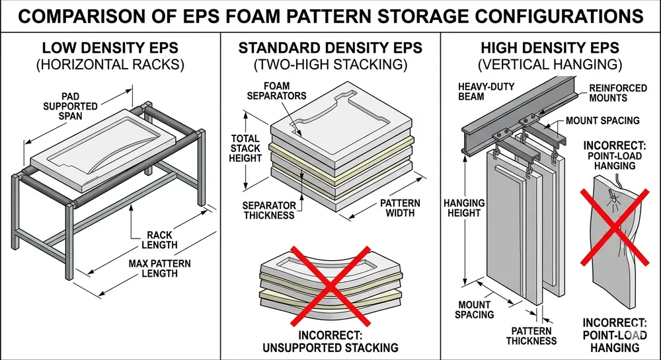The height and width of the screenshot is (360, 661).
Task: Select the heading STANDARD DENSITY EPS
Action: click(330, 48)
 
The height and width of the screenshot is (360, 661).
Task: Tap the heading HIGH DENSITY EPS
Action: click(550, 48)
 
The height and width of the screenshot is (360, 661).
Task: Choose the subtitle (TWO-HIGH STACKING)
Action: click(330, 65)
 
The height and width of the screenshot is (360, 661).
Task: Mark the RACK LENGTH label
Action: click(161, 240)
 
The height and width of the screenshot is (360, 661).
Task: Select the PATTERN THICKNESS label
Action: click(531, 336)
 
